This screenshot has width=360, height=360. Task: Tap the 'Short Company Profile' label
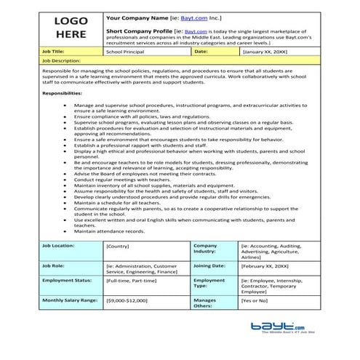[134, 32]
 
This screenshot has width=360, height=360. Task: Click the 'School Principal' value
[126, 52]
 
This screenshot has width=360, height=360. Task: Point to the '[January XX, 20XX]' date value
[265, 52]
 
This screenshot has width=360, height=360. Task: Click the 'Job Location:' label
[60, 246]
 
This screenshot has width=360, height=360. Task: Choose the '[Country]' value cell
[118, 247]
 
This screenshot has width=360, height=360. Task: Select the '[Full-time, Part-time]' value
[131, 280]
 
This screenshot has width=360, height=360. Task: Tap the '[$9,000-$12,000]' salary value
[127, 300]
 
